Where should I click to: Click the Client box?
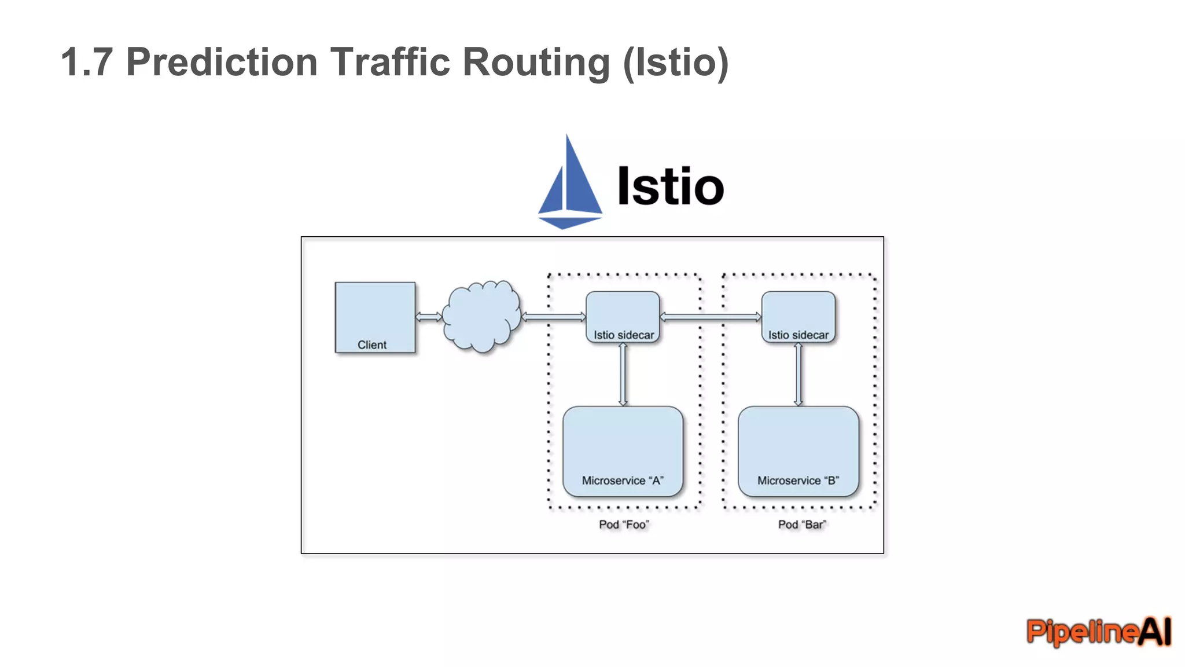click(x=375, y=317)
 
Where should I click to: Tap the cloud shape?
click(x=482, y=317)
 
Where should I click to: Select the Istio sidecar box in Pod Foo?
click(x=623, y=317)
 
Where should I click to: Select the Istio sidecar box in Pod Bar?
click(x=798, y=317)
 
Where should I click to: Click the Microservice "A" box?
click(x=623, y=452)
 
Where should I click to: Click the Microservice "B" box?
click(x=798, y=452)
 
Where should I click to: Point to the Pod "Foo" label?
click(x=624, y=525)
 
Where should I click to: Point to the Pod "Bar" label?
click(x=802, y=525)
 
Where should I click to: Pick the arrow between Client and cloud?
click(x=429, y=317)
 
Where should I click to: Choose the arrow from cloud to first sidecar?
click(x=554, y=317)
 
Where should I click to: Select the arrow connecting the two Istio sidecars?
click(x=711, y=317)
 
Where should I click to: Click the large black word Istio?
click(x=670, y=186)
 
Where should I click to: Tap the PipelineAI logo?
click(x=1098, y=631)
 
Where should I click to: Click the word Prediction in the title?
click(x=222, y=62)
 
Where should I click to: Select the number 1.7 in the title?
click(x=86, y=62)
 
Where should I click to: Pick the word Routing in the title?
click(x=536, y=62)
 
